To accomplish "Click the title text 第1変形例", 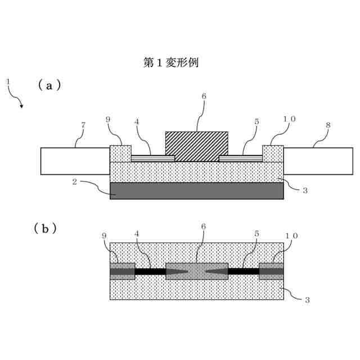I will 171,62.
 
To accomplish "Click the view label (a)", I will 49,85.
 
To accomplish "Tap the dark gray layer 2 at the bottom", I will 196,190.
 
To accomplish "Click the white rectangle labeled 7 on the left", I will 75,161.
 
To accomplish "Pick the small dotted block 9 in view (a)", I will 120,154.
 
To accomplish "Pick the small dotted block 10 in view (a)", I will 273,154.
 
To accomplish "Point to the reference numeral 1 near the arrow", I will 8,82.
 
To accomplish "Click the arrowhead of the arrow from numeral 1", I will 21,106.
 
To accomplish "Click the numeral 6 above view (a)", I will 204,96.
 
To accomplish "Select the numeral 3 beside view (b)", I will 307,300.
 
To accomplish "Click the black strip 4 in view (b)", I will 150,271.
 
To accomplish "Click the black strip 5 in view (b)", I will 243,271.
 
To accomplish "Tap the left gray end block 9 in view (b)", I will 122,271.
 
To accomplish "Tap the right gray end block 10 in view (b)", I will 271,271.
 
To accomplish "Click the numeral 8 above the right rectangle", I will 328,125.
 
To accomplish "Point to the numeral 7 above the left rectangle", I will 83,125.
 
